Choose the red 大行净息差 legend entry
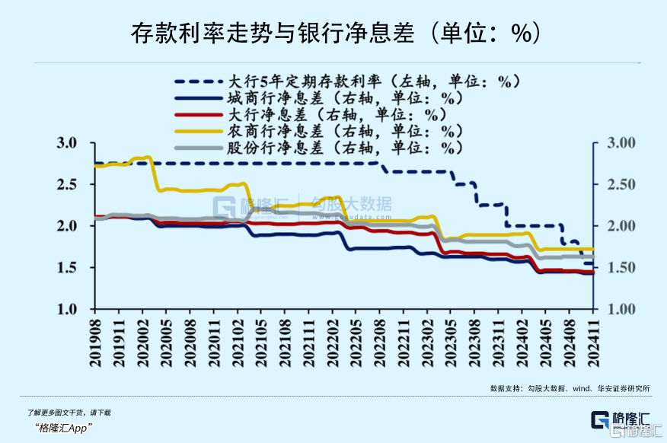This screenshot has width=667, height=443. (336, 114)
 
